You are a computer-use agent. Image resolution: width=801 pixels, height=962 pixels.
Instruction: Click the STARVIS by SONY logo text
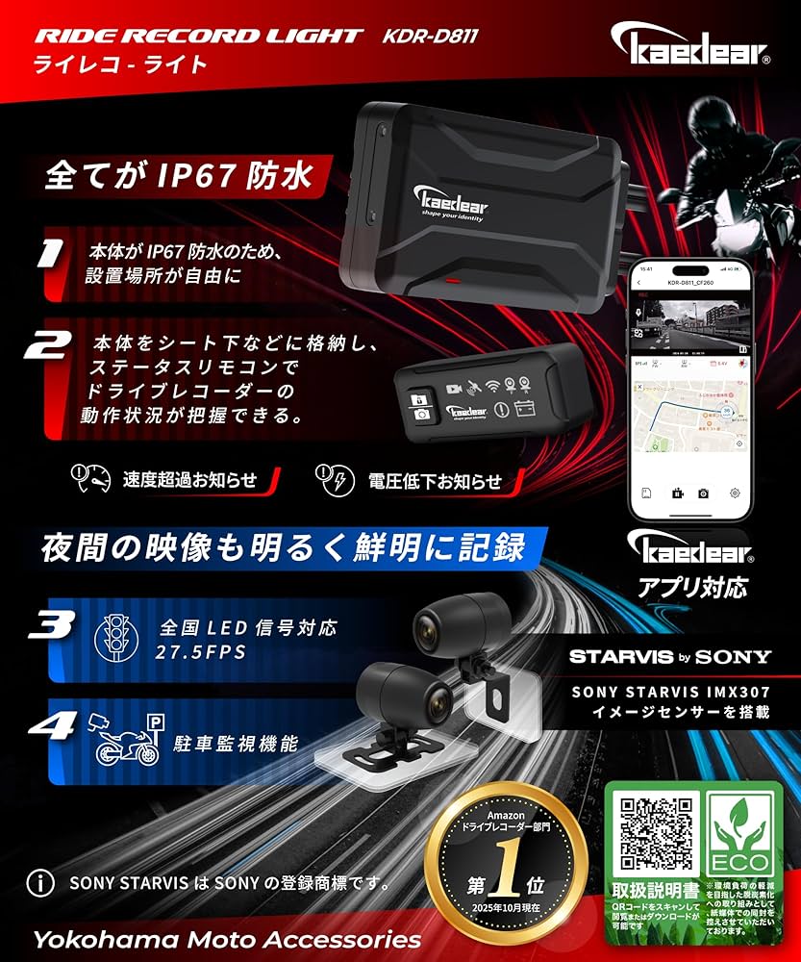click(669, 657)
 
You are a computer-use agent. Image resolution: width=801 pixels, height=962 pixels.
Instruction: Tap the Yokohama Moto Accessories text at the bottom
click(226, 938)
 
